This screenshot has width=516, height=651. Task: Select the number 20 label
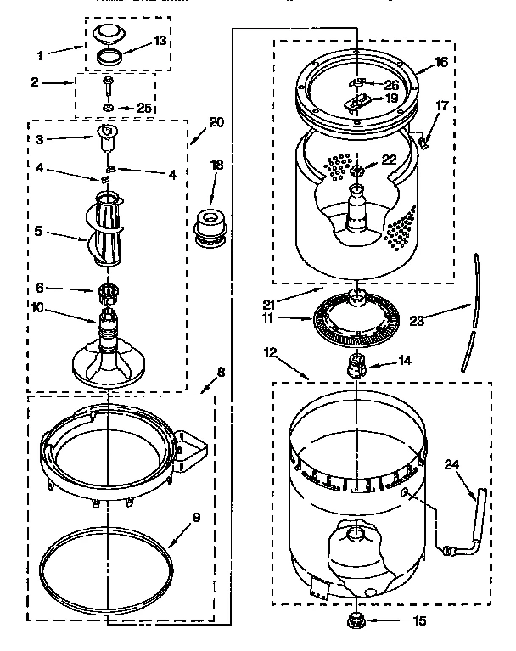pyautogui.click(x=216, y=122)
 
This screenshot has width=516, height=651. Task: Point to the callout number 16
pyautogui.click(x=441, y=62)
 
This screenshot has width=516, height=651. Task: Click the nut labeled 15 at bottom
pyautogui.click(x=356, y=621)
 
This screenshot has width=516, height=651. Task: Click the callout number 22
pyautogui.click(x=389, y=159)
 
